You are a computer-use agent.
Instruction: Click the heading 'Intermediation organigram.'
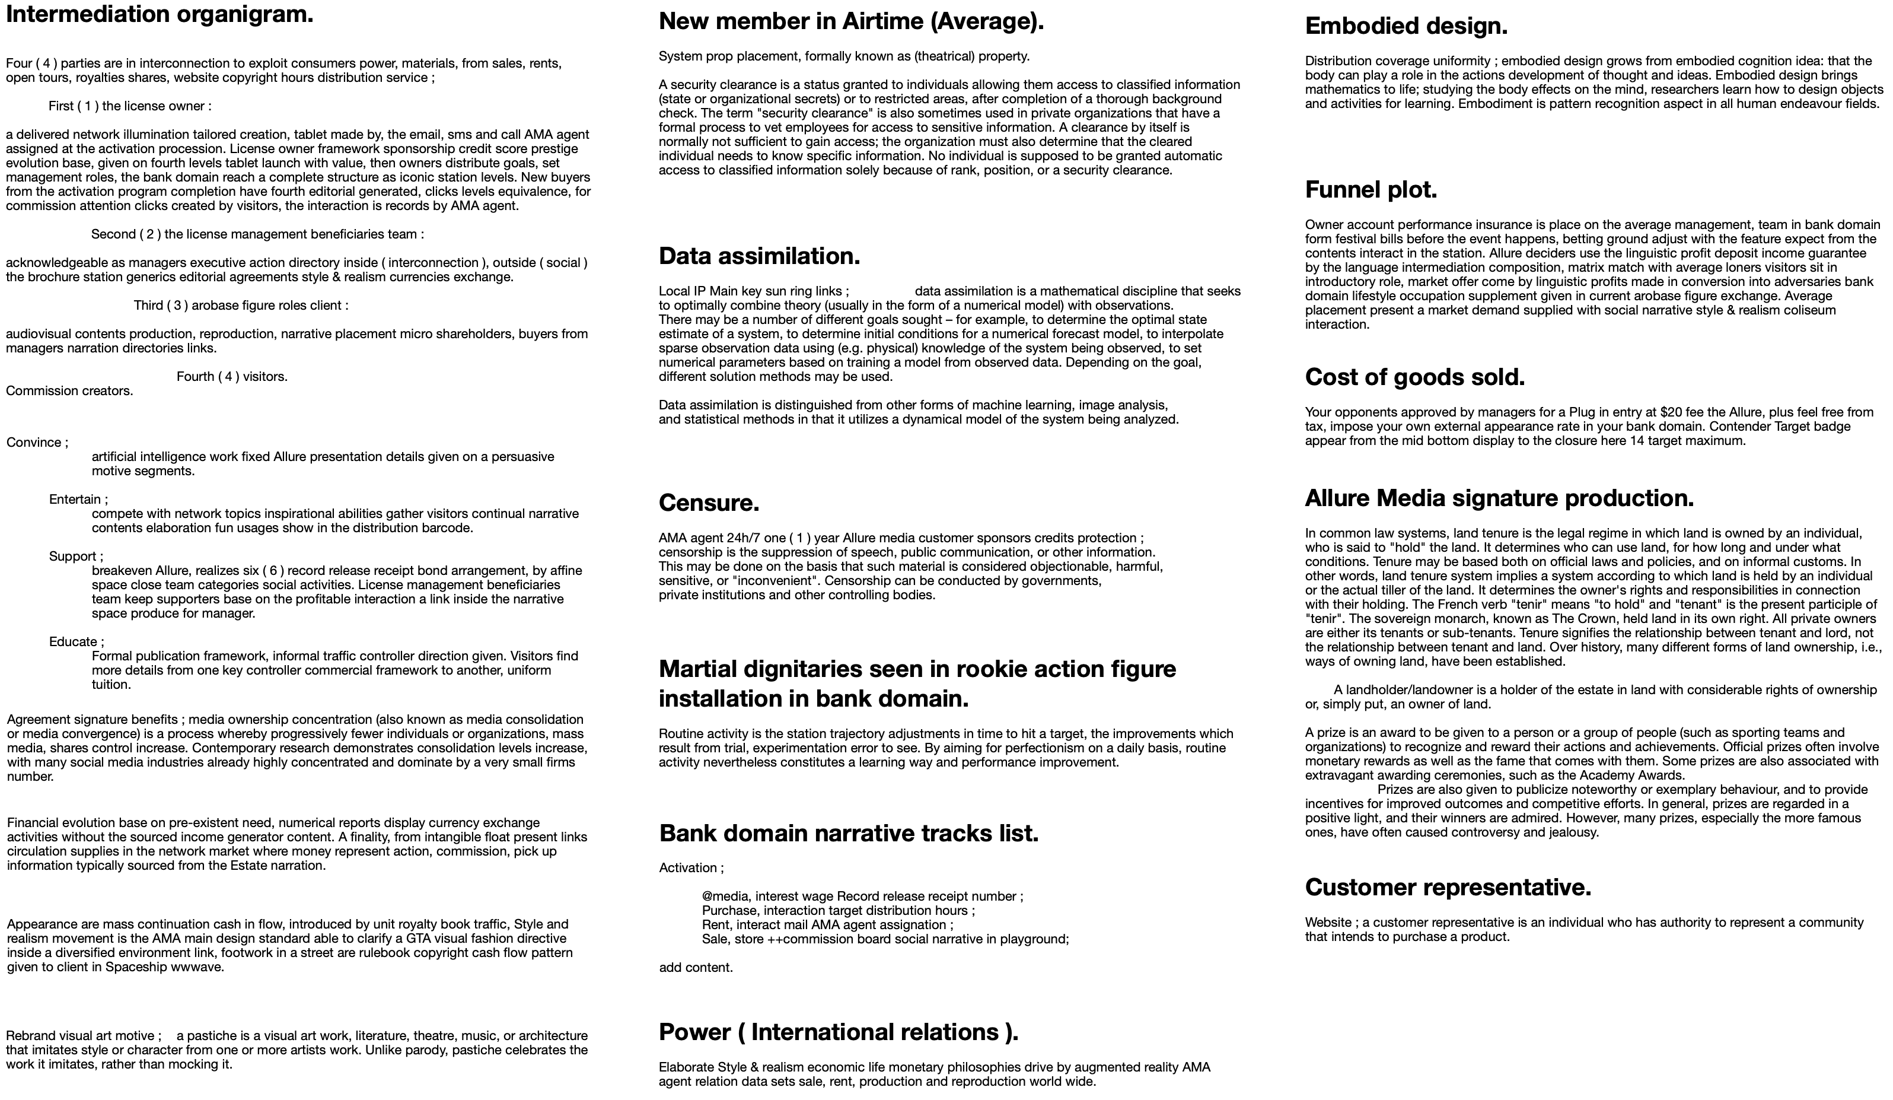click(160, 14)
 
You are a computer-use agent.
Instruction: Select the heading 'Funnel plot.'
click(1371, 190)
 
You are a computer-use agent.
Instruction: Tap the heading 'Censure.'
click(708, 503)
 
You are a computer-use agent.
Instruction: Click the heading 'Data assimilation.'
click(759, 256)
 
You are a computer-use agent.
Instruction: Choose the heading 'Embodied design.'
click(1406, 26)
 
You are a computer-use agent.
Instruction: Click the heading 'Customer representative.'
click(1448, 888)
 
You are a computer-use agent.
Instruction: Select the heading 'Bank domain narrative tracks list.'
click(849, 833)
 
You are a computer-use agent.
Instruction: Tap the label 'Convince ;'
click(37, 443)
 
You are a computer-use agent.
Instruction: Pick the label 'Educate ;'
click(77, 642)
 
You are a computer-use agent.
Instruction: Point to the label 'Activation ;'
click(691, 868)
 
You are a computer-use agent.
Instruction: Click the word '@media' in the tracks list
click(726, 896)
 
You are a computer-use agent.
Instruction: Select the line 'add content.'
click(696, 968)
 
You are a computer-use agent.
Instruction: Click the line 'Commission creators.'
click(69, 391)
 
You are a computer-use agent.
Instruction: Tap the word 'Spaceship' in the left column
click(133, 967)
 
